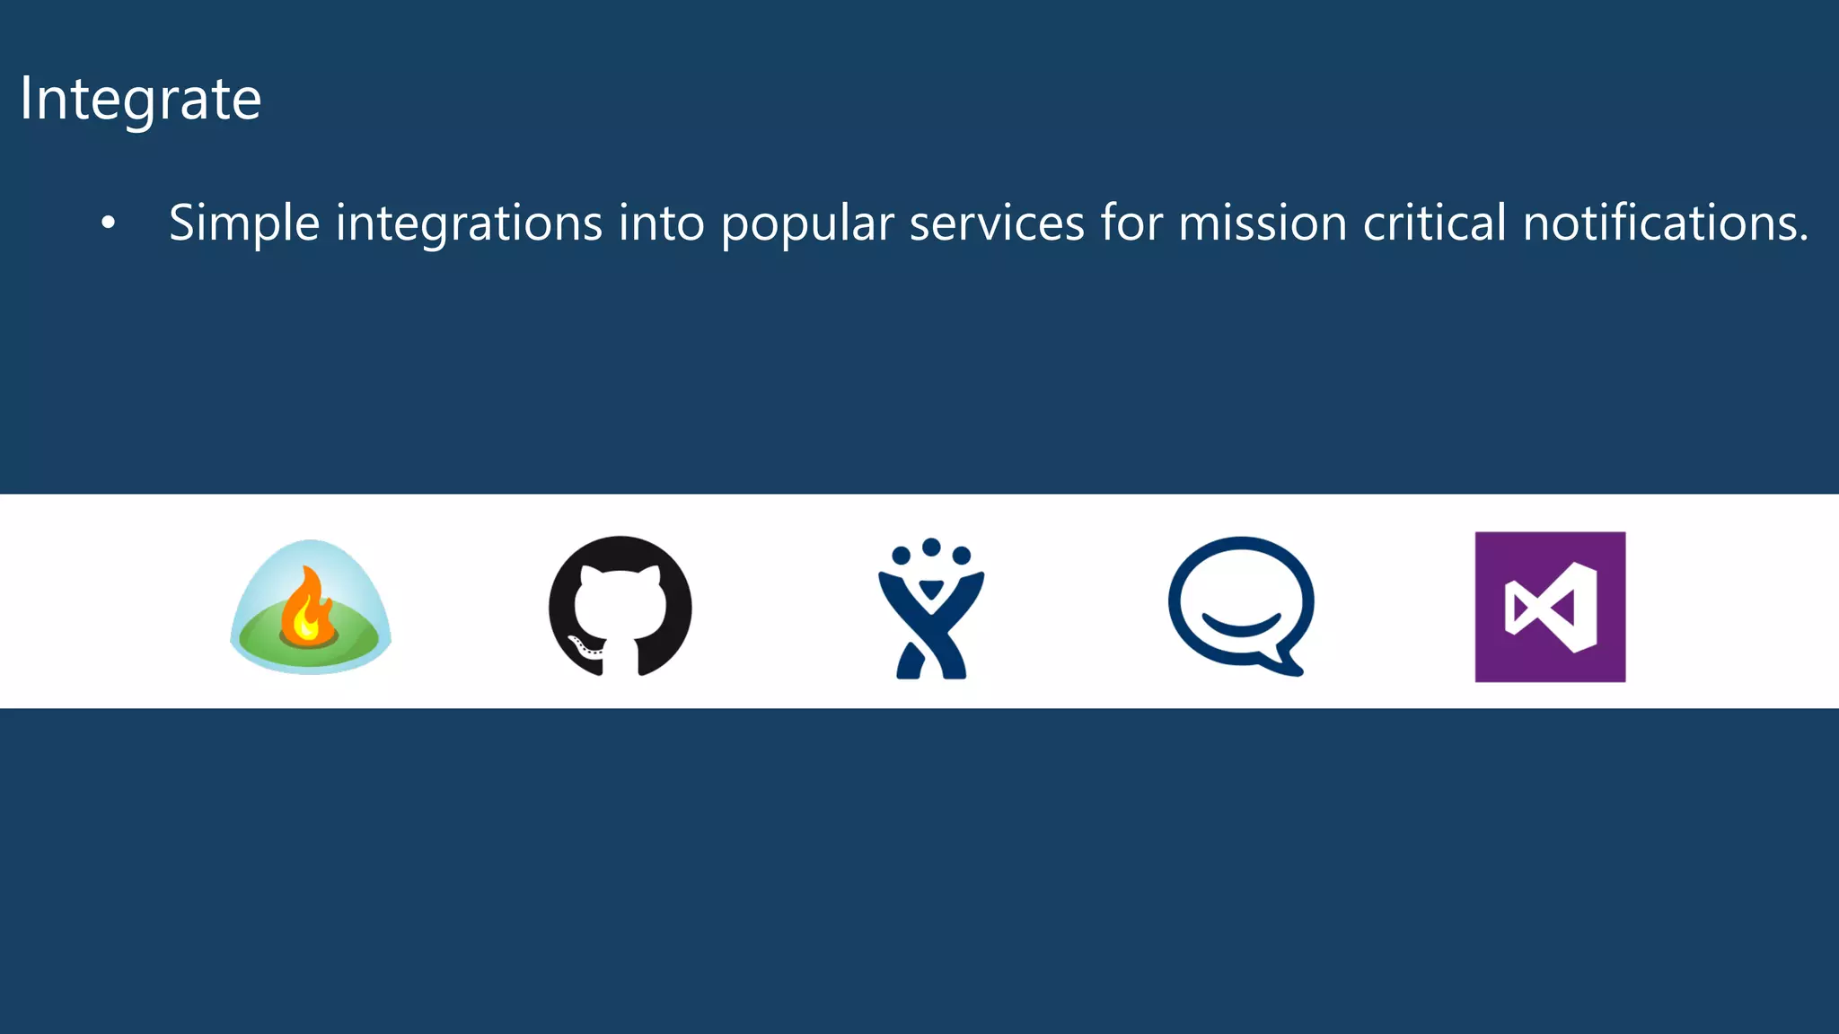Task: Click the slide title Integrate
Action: coord(140,99)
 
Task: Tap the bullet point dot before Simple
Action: coord(109,223)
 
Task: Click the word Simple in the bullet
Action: coord(244,224)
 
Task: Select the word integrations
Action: coord(469,224)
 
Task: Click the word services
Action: coord(997,223)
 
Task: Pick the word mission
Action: coord(1263,223)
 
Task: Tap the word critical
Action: coord(1434,223)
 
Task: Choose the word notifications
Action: coord(1666,223)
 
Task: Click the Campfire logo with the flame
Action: coord(311,607)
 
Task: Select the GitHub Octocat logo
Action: coord(620,607)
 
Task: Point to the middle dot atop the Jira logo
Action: coord(931,547)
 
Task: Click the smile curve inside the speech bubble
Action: coord(1241,625)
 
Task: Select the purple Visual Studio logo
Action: coord(1550,607)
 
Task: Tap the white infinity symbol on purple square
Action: coord(1551,608)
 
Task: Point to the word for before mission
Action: coord(1131,223)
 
